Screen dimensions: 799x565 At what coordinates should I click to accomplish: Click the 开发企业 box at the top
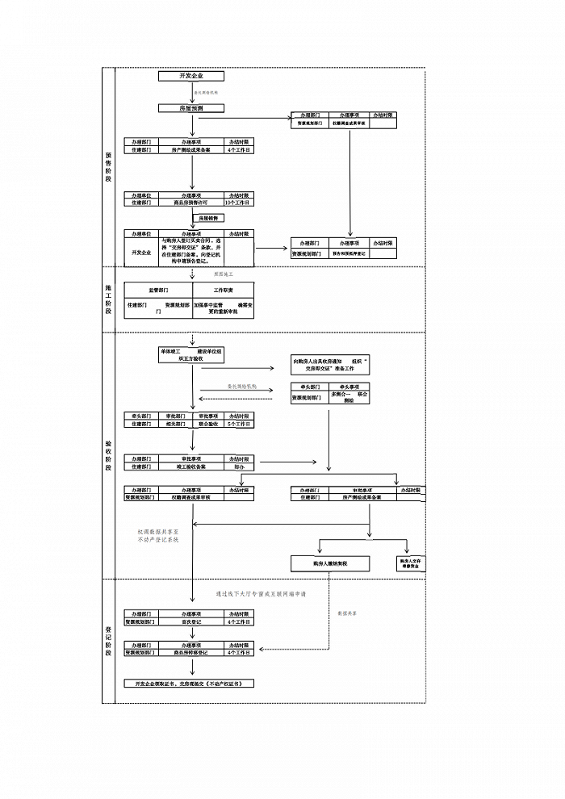pyautogui.click(x=191, y=76)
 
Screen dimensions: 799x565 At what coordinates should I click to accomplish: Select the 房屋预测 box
pyautogui.click(x=191, y=107)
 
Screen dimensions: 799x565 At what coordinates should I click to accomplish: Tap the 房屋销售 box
pyautogui.click(x=191, y=218)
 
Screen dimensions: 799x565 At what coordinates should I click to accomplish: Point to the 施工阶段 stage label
pyautogui.click(x=109, y=299)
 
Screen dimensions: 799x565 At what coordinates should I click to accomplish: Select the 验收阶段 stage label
pyautogui.click(x=109, y=456)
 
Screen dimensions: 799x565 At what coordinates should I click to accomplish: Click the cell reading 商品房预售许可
pyautogui.click(x=191, y=203)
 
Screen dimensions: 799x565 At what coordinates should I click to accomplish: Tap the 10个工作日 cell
pyautogui.click(x=239, y=203)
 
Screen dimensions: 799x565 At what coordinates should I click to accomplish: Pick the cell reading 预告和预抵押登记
pyautogui.click(x=349, y=253)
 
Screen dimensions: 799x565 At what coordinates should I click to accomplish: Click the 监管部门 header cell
pyautogui.click(x=159, y=289)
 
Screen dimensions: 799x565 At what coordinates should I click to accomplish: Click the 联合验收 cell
pyautogui.click(x=207, y=423)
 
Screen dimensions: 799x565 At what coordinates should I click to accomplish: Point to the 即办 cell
pyautogui.click(x=239, y=466)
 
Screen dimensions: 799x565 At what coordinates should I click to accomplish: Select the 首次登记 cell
pyautogui.click(x=191, y=622)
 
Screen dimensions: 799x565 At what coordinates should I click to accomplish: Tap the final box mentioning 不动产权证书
pyautogui.click(x=189, y=683)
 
